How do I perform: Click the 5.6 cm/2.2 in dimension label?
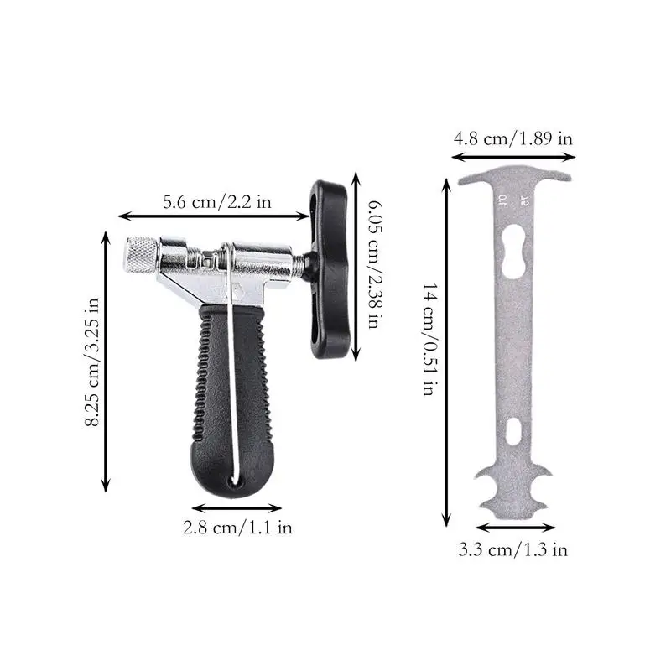(217, 201)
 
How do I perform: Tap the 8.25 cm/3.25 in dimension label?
(91, 362)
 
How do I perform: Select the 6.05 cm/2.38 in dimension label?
(375, 265)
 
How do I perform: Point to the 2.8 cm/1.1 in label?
(237, 528)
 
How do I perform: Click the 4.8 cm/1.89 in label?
(513, 138)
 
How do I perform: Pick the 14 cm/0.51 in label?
(429, 339)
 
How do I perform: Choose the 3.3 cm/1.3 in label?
(513, 549)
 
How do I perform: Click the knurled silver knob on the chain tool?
(141, 255)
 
